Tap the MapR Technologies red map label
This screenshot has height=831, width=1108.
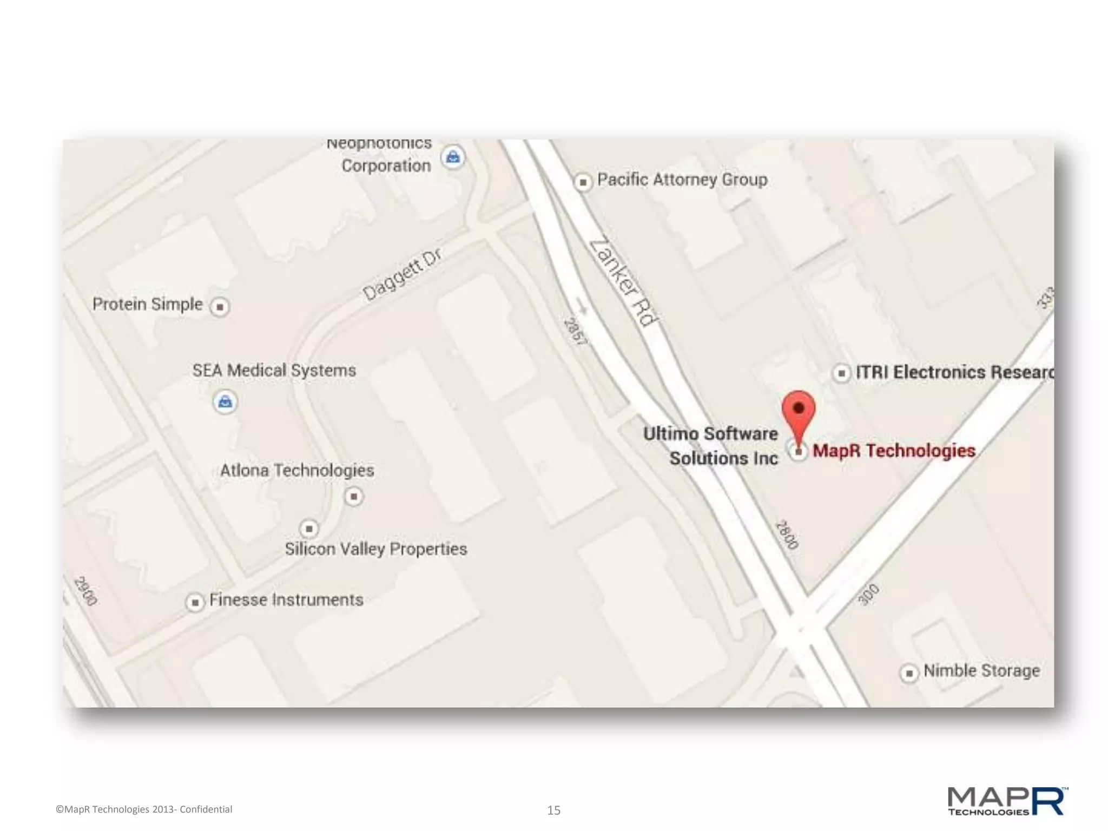point(894,451)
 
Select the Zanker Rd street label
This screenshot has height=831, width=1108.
point(624,282)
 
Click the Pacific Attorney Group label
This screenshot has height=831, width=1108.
point(682,180)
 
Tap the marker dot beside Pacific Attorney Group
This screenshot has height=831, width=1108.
point(583,182)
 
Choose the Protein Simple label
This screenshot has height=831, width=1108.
point(147,304)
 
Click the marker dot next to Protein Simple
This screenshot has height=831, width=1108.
point(220,307)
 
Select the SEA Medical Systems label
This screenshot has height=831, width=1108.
point(274,371)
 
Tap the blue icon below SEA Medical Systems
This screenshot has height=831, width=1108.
point(225,402)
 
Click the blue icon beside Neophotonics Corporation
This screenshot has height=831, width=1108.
point(453,157)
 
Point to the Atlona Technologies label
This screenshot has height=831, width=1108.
point(297,470)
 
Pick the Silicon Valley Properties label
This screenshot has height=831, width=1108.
point(376,549)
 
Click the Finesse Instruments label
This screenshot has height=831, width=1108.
point(286,600)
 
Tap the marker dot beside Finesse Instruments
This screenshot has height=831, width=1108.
point(195,602)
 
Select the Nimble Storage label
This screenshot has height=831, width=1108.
point(981,671)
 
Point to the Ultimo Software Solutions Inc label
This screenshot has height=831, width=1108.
point(711,446)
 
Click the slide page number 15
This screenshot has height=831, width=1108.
point(553,810)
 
